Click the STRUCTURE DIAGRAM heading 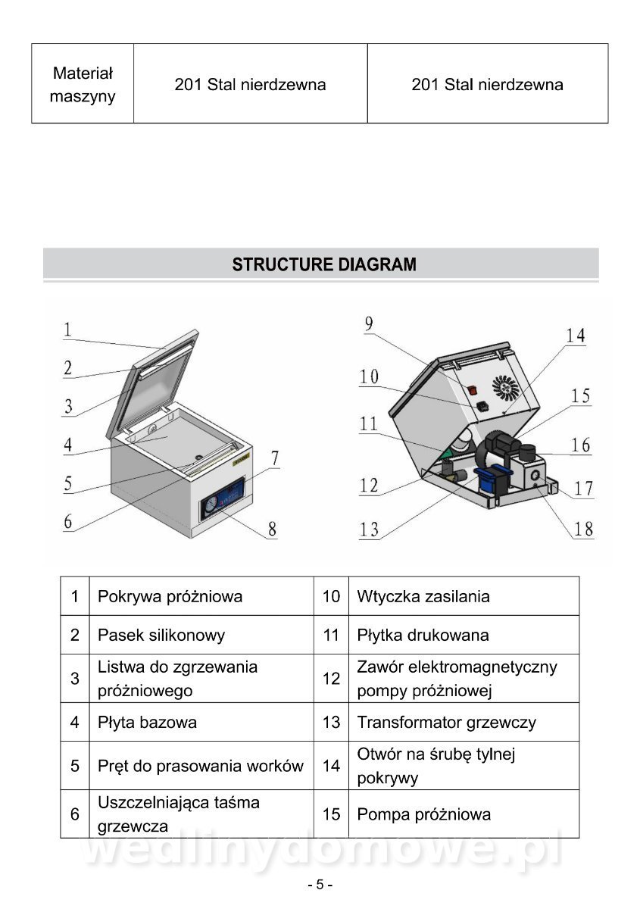(x=323, y=265)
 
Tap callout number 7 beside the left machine (x=274, y=458)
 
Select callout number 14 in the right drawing (x=576, y=336)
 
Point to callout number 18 (x=583, y=528)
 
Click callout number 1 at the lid (x=67, y=330)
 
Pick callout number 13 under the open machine (x=369, y=529)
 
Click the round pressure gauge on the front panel (x=210, y=507)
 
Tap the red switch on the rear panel (x=472, y=391)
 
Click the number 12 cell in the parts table (x=331, y=679)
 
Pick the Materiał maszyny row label (x=83, y=84)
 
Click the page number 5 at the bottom (x=320, y=885)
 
